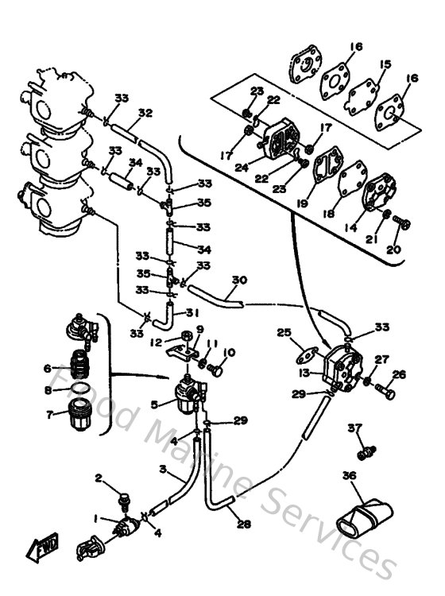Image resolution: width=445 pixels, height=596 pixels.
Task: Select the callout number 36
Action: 348,477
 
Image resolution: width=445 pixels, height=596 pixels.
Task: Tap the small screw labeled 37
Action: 366,451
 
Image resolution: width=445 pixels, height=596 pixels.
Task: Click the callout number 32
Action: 145,113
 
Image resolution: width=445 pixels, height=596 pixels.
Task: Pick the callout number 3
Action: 161,470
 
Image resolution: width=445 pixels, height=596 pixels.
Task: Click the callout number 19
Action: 301,203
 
